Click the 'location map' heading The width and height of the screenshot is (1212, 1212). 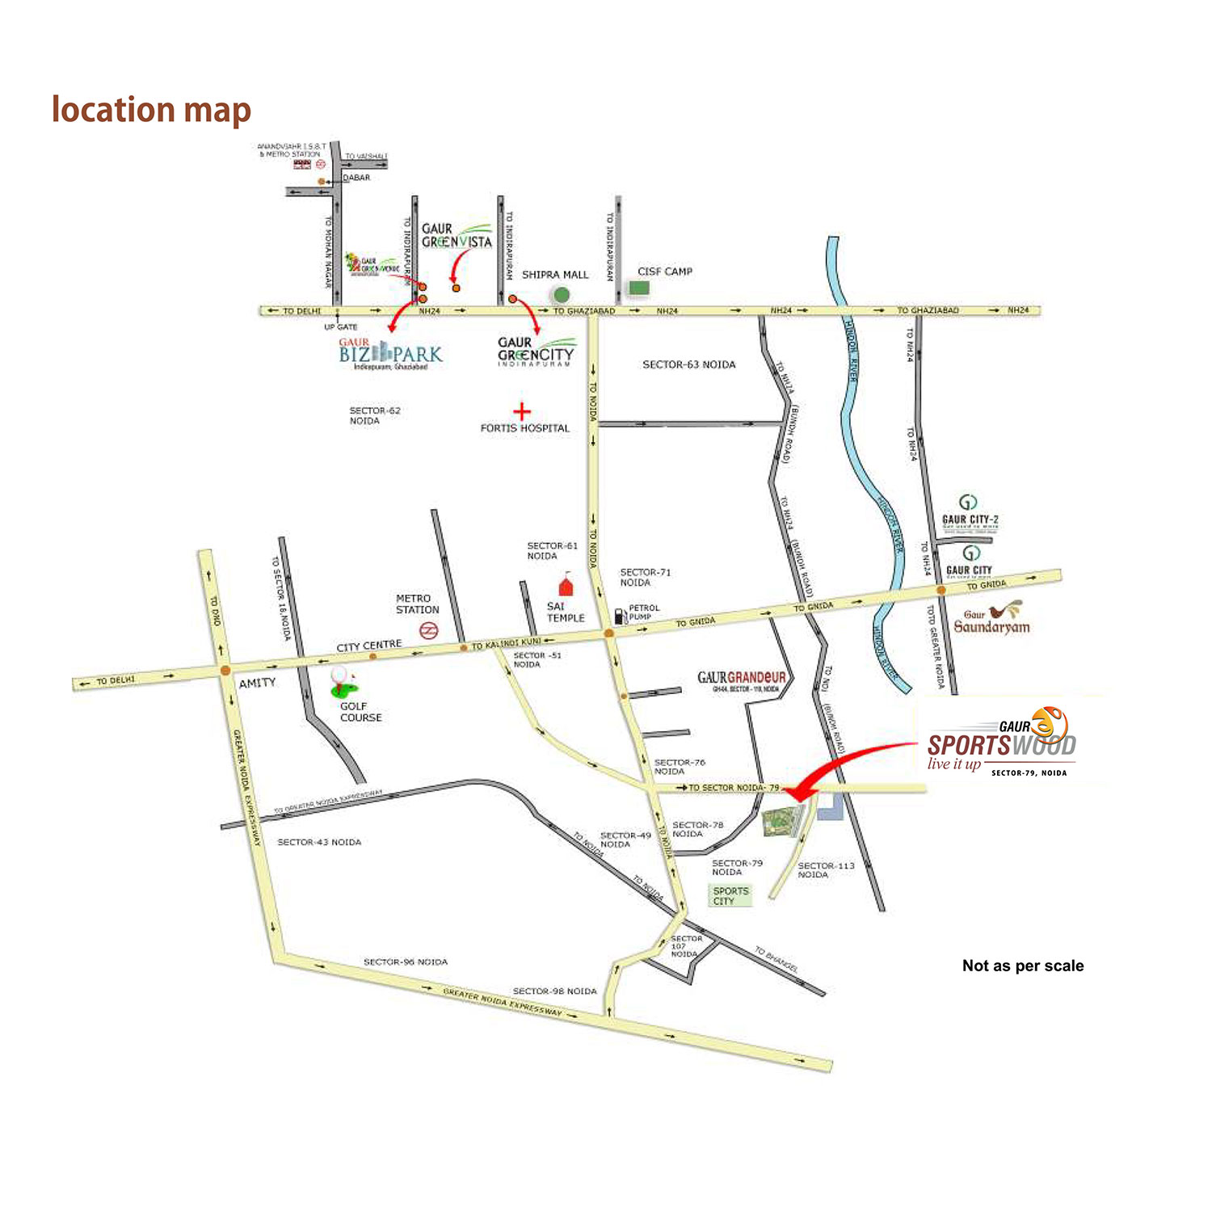pyautogui.click(x=151, y=110)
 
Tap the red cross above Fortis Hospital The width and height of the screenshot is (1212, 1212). pyautogui.click(x=522, y=412)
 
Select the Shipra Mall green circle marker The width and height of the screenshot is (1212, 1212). pyautogui.click(x=560, y=295)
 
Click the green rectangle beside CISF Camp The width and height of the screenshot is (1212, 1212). pyautogui.click(x=639, y=288)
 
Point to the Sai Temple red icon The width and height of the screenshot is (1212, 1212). pyautogui.click(x=566, y=585)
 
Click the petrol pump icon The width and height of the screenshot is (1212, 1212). pyautogui.click(x=620, y=616)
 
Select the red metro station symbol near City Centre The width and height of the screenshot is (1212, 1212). pyautogui.click(x=429, y=630)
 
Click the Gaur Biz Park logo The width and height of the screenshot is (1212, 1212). pyautogui.click(x=390, y=354)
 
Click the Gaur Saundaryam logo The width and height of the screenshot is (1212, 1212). pyautogui.click(x=992, y=619)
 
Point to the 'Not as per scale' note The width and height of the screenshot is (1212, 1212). pyautogui.click(x=1023, y=966)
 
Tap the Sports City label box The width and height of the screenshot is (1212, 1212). pyautogui.click(x=730, y=895)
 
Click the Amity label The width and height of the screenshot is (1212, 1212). pyautogui.click(x=257, y=683)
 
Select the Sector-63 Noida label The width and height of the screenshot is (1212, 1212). pyautogui.click(x=689, y=364)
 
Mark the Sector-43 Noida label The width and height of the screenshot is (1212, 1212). pyautogui.click(x=319, y=842)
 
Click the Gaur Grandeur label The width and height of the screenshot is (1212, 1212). pyautogui.click(x=742, y=679)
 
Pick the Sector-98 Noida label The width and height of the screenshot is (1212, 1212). pyautogui.click(x=555, y=991)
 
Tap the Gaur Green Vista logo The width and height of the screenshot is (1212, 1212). pyautogui.click(x=457, y=235)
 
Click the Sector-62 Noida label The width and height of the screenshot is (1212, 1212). pyautogui.click(x=375, y=415)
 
